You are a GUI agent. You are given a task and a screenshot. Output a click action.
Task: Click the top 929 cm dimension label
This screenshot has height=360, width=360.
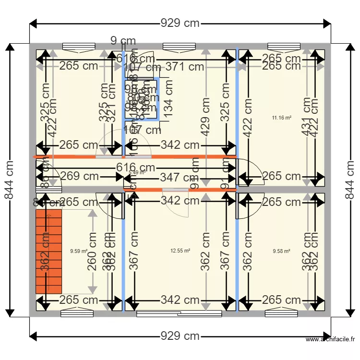pyautogui.click(x=180, y=23)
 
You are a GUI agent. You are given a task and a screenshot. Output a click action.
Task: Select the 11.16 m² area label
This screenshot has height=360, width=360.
pyautogui.click(x=282, y=117)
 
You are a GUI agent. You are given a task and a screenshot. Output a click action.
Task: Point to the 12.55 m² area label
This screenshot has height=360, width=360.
pyautogui.click(x=180, y=251)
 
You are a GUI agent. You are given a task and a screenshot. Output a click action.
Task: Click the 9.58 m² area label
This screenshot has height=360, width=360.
pyautogui.click(x=282, y=251)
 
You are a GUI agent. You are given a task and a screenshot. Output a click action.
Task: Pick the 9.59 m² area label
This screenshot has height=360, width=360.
pyautogui.click(x=79, y=251)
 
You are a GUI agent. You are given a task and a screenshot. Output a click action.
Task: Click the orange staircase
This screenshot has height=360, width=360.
pyautogui.click(x=49, y=252)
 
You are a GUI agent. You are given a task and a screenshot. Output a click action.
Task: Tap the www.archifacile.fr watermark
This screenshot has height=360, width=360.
pyautogui.click(x=331, y=340)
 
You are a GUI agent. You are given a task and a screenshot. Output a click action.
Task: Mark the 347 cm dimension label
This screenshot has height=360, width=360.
pyautogui.click(x=177, y=178)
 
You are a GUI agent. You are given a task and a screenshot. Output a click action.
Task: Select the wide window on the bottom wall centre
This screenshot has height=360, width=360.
pyautogui.click(x=179, y=314)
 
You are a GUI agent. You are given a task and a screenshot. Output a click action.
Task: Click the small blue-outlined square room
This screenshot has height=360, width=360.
pyautogui.click(x=142, y=99)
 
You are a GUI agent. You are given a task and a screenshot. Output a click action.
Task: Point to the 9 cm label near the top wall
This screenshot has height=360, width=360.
pyautogui.click(x=123, y=41)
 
